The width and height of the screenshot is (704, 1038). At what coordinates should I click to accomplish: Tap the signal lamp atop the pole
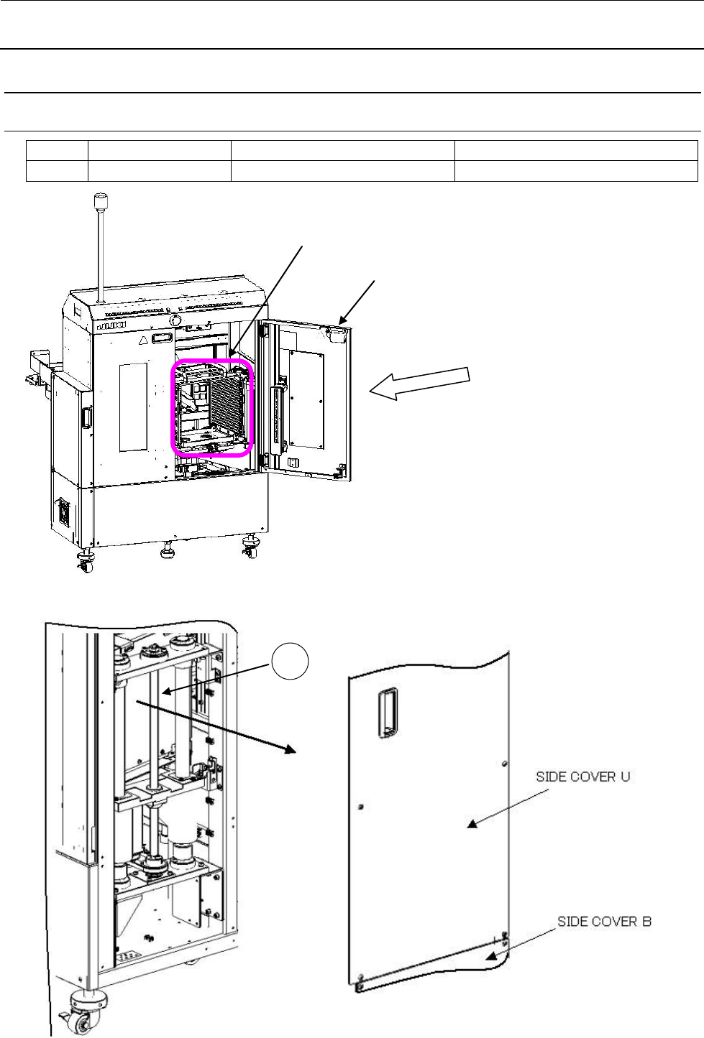click(x=99, y=197)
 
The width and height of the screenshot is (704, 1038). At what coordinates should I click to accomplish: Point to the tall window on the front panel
click(x=133, y=407)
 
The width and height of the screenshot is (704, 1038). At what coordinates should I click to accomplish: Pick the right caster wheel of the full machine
click(x=250, y=549)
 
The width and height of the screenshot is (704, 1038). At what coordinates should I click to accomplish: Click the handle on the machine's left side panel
click(x=87, y=418)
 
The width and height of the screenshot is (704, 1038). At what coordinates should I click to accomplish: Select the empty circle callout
click(x=290, y=662)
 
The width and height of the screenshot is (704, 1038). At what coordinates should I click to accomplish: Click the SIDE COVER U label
click(x=582, y=777)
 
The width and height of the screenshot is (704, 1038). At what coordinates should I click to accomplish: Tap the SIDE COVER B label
click(x=604, y=921)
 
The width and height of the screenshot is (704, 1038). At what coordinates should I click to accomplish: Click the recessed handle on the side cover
click(x=387, y=711)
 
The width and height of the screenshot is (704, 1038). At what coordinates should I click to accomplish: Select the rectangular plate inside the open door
click(x=306, y=399)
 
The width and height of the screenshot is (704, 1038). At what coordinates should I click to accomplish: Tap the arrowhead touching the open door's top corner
click(x=342, y=323)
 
